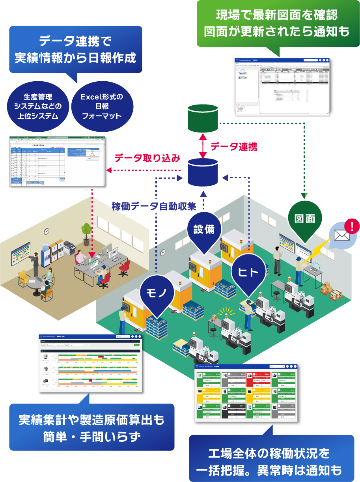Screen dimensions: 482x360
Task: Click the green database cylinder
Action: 203,119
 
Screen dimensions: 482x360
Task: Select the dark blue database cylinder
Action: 203,172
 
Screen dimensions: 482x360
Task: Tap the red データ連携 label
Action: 233,147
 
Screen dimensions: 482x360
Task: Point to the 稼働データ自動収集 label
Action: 154,206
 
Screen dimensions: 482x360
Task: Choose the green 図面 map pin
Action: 305,221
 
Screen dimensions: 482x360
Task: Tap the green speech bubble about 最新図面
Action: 277,24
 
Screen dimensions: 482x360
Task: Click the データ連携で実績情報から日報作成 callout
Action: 75,49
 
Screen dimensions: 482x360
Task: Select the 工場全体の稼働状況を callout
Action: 271,460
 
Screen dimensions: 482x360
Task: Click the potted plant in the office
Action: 86,230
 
